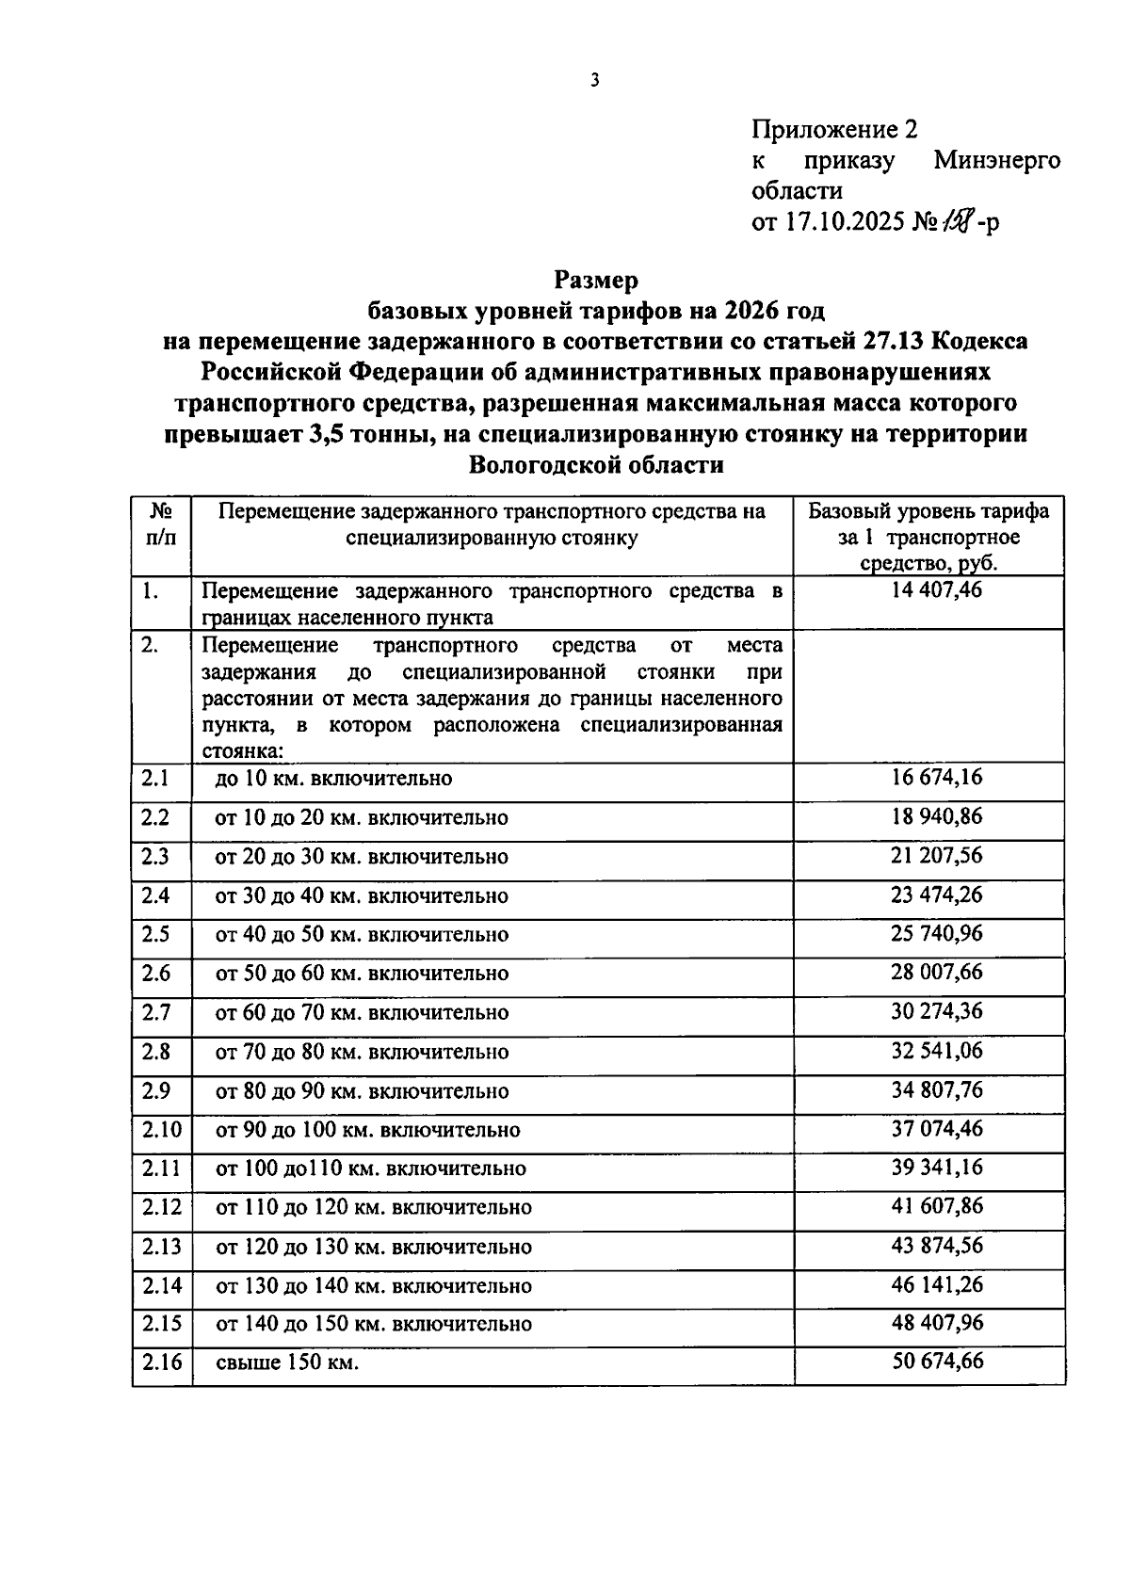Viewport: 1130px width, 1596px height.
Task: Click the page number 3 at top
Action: [594, 81]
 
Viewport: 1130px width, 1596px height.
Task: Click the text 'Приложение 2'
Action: [833, 130]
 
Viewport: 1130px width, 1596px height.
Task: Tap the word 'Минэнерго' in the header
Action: [996, 161]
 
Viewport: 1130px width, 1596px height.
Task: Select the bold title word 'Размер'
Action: [596, 280]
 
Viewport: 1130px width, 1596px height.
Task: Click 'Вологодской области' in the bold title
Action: [596, 464]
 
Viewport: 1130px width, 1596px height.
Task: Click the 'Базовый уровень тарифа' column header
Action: [928, 512]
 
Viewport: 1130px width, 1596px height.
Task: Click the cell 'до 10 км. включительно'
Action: [333, 779]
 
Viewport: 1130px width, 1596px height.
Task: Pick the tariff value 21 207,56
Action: [936, 856]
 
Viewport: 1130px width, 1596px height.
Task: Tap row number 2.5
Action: [155, 934]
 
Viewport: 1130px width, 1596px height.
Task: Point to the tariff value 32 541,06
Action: [936, 1051]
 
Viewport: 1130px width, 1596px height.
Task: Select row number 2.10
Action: [160, 1129]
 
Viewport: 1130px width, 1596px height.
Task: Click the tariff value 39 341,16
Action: [936, 1168]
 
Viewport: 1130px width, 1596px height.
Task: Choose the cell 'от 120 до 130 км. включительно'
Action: [374, 1247]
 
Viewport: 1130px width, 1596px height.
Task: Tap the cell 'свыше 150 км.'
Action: [287, 1362]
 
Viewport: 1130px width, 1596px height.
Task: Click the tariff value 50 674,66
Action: [936, 1362]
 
